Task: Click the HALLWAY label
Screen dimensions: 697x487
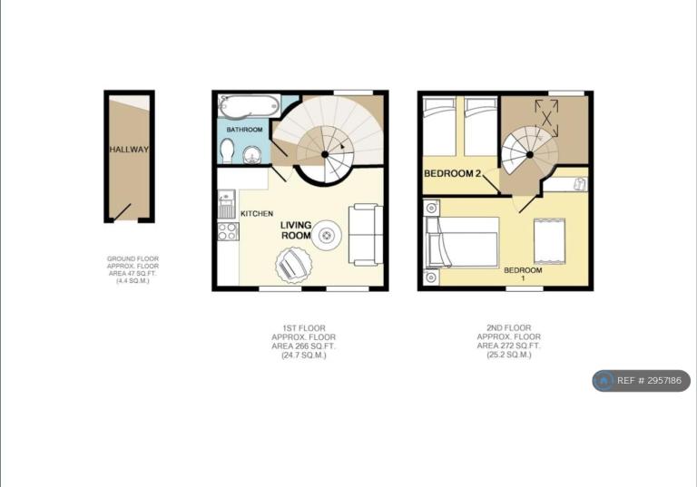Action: (129, 150)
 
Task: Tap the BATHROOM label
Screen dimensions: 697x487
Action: (244, 130)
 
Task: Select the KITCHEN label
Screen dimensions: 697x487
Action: (257, 214)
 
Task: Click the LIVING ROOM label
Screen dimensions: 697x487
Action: (296, 230)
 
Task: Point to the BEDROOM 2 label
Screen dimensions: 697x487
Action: (453, 173)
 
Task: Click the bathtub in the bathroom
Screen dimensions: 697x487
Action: (249, 106)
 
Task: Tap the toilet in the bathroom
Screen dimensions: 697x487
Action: (227, 151)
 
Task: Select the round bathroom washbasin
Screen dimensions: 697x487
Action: (252, 155)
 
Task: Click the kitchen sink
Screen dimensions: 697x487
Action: (227, 204)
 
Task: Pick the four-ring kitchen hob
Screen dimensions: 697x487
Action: (228, 231)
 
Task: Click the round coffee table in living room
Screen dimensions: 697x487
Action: (327, 235)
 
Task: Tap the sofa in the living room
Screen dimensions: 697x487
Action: (366, 235)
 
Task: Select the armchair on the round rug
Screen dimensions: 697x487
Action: (292, 266)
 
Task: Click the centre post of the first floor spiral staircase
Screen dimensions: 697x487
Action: (325, 154)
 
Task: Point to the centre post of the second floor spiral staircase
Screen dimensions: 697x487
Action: (530, 155)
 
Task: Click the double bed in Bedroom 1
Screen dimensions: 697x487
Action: (462, 242)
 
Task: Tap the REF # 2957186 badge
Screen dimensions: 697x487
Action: (641, 381)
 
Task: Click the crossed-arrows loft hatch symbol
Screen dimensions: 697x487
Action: (546, 118)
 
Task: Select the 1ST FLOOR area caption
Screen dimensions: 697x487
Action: (304, 342)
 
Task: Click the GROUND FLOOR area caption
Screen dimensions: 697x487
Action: (133, 269)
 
